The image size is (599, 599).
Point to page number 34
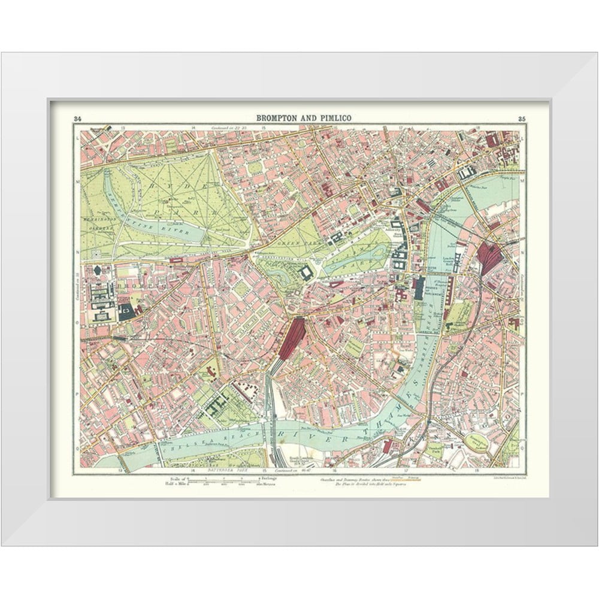(x=77, y=117)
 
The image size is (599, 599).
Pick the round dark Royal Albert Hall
(x=98, y=271)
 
